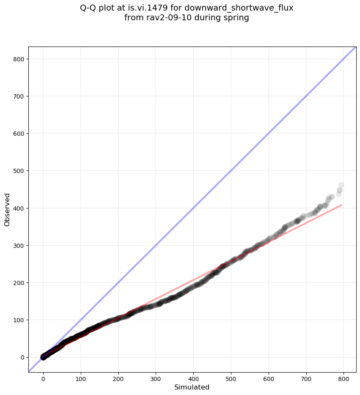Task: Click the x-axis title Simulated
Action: point(192,387)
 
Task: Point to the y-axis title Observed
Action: point(7,210)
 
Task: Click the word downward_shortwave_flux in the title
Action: point(239,8)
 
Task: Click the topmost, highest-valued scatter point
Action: point(341,185)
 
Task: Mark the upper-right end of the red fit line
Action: point(341,205)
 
